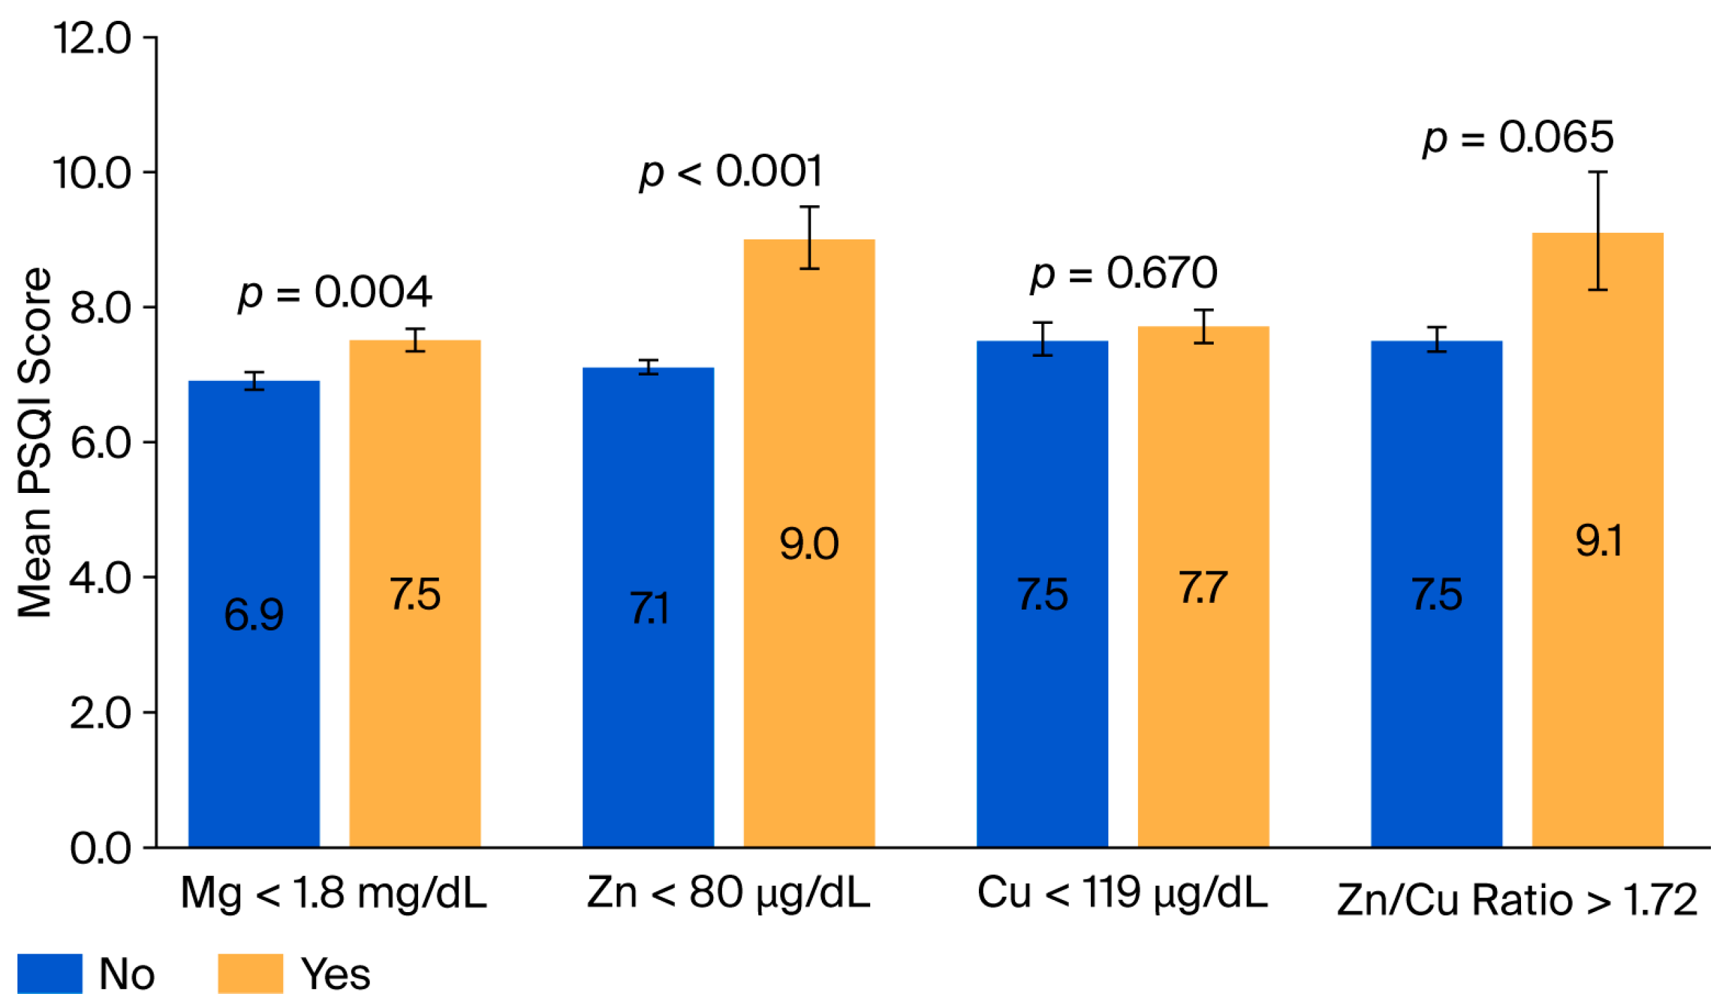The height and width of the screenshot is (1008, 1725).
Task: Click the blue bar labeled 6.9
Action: (x=254, y=616)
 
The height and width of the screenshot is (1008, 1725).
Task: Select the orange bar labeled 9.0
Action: (x=809, y=547)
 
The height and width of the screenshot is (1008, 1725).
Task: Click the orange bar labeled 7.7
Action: (x=1204, y=589)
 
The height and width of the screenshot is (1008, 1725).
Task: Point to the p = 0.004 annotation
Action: (x=335, y=294)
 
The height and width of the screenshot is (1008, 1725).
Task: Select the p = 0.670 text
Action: (x=1124, y=273)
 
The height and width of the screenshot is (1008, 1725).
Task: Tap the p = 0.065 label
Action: (x=1518, y=137)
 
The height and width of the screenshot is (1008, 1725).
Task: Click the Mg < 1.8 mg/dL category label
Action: (x=333, y=893)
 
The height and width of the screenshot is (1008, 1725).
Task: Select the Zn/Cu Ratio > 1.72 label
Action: (x=1517, y=900)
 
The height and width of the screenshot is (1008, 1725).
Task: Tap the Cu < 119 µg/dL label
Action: (x=1122, y=893)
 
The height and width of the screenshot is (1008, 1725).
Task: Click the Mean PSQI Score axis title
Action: (x=34, y=442)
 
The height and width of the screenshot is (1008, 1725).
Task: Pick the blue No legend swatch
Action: (x=49, y=974)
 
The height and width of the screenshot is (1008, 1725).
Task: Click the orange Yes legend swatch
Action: (x=250, y=974)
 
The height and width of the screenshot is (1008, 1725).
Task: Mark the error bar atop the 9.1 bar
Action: (x=1598, y=231)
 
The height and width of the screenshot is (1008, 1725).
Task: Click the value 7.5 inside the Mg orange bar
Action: (x=415, y=594)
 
